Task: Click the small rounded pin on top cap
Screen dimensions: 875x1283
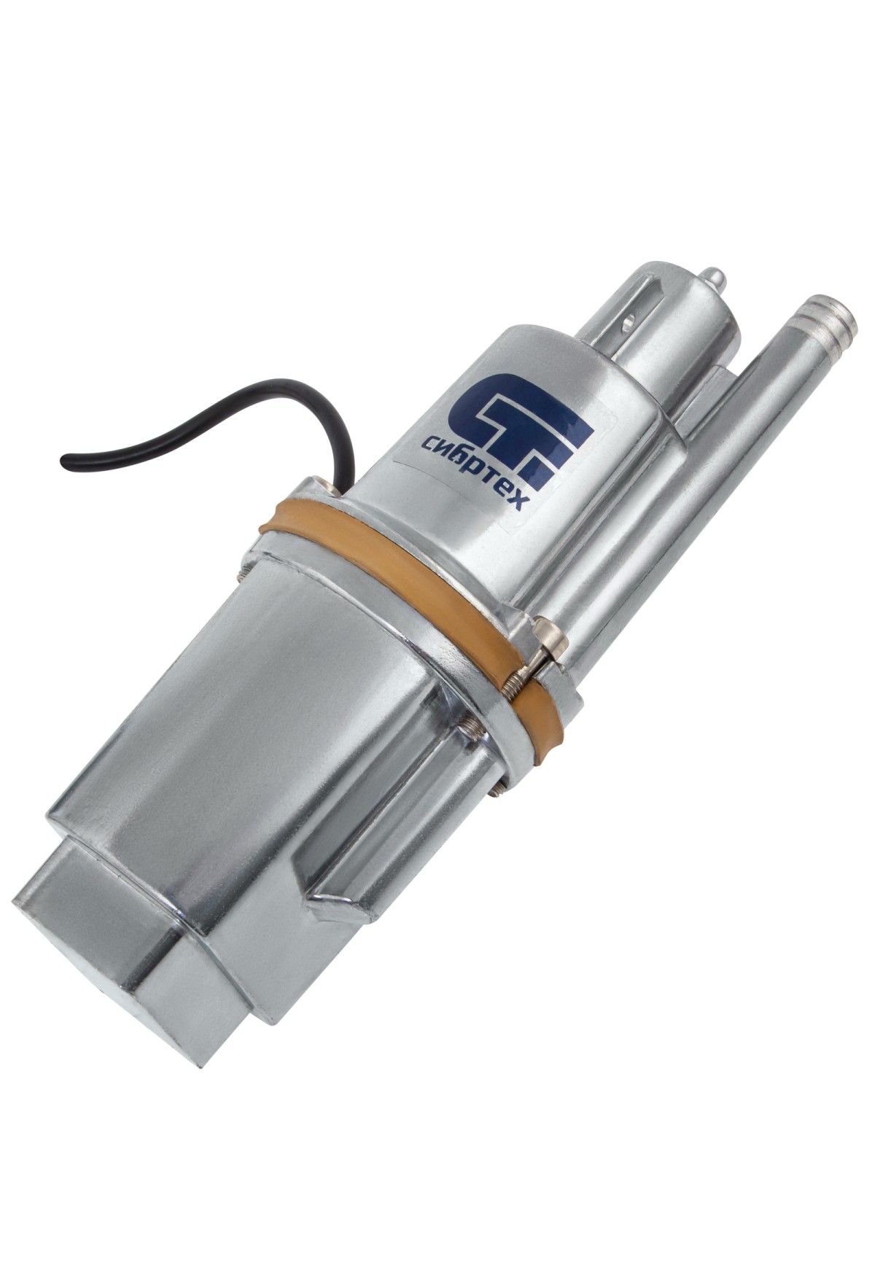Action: point(715,278)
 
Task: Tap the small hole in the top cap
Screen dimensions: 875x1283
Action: point(628,319)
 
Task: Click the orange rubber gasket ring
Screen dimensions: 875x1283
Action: point(408,576)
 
